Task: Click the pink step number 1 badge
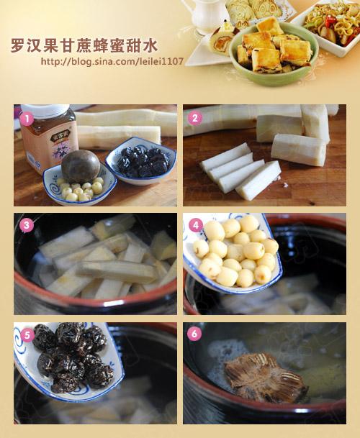27,119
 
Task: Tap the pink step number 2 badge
194,118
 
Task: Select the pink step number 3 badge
27,225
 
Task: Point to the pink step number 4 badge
196,225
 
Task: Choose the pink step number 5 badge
27,334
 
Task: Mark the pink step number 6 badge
194,334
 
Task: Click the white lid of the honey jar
45,110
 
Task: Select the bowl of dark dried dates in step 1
141,161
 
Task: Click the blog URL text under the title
112,61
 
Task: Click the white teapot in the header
207,14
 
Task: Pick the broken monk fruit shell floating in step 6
266,378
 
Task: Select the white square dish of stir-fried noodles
328,27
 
